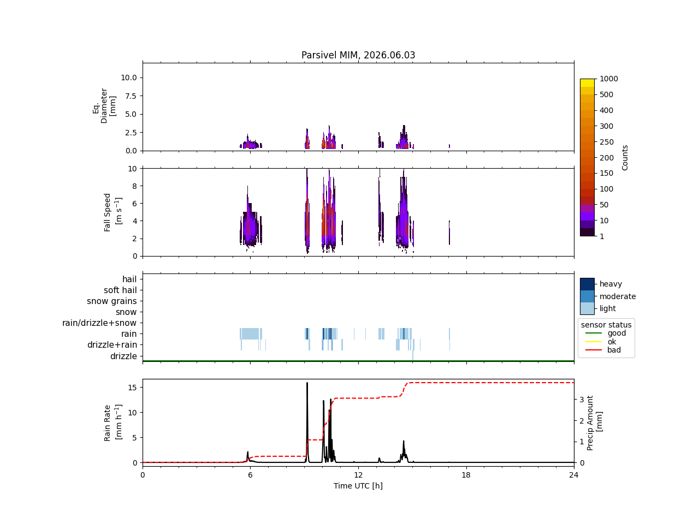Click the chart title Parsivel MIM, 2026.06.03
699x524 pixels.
[x=358, y=55]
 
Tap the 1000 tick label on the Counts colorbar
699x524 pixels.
[x=608, y=79]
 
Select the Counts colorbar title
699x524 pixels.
[x=625, y=158]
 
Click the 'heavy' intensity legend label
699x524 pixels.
[x=611, y=284]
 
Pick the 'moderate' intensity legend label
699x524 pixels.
[x=618, y=296]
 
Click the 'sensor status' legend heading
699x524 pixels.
[x=606, y=325]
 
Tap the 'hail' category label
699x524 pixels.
[x=129, y=279]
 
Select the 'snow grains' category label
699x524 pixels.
[x=112, y=301]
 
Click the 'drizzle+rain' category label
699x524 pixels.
[x=112, y=345]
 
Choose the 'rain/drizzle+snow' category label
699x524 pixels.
[x=99, y=323]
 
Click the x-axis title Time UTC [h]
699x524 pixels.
[x=358, y=486]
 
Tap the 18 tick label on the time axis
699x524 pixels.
[x=466, y=475]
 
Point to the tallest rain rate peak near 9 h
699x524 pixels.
[x=307, y=383]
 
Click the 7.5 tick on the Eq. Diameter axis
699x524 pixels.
[x=131, y=96]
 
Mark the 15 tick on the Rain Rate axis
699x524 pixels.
[x=133, y=388]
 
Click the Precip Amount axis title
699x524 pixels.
[x=594, y=423]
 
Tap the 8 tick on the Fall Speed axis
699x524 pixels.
[x=135, y=186]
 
